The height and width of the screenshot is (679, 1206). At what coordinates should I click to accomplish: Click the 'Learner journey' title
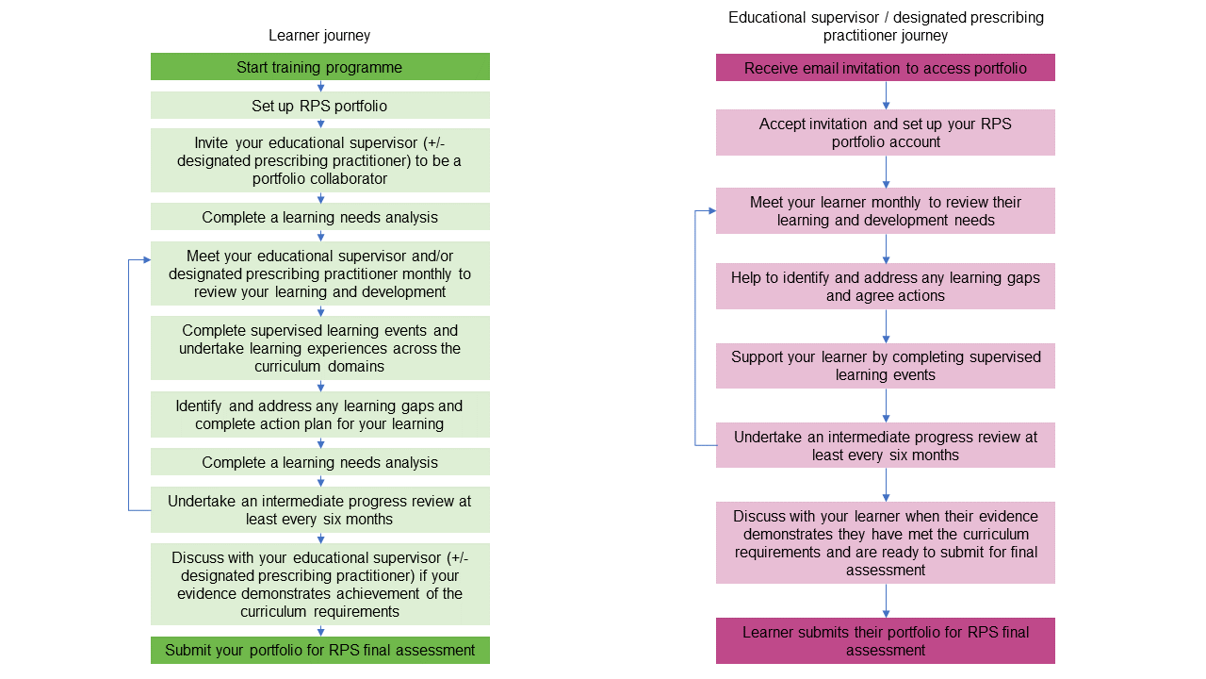319,36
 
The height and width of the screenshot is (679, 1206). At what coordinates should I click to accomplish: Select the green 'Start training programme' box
319,67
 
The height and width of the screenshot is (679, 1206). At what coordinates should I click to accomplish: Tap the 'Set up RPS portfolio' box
319,106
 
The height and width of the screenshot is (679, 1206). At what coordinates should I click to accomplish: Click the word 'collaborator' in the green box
319,179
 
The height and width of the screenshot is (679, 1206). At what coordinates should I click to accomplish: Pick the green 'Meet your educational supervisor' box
319,273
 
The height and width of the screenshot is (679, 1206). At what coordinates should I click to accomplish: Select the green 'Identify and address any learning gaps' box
319,415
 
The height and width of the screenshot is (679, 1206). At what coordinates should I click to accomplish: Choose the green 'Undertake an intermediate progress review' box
319,509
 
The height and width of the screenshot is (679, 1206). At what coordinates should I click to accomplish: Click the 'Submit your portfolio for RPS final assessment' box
319,650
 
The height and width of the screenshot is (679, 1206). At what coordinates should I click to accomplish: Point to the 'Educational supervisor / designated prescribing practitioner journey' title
885,26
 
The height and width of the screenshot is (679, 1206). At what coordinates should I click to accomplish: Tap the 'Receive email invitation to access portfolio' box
885,68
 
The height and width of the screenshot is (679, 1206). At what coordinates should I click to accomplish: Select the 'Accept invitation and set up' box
885,132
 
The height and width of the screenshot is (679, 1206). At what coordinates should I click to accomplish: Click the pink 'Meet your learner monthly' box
885,210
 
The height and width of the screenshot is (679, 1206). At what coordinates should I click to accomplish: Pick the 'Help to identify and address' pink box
885,286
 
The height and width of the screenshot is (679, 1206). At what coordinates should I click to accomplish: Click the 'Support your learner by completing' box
885,365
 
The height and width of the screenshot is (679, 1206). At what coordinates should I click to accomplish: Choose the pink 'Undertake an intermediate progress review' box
885,445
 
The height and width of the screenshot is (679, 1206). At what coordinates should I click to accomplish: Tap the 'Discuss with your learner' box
885,542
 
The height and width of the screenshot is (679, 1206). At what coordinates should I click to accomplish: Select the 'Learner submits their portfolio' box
885,640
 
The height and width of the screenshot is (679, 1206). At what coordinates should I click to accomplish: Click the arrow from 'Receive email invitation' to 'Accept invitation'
886,95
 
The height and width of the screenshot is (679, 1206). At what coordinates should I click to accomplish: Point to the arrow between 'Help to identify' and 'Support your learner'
886,326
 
